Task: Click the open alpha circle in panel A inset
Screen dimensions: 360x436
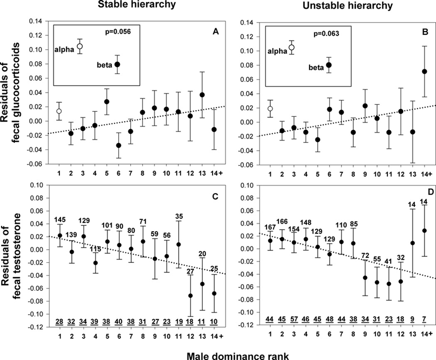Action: coord(80,46)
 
